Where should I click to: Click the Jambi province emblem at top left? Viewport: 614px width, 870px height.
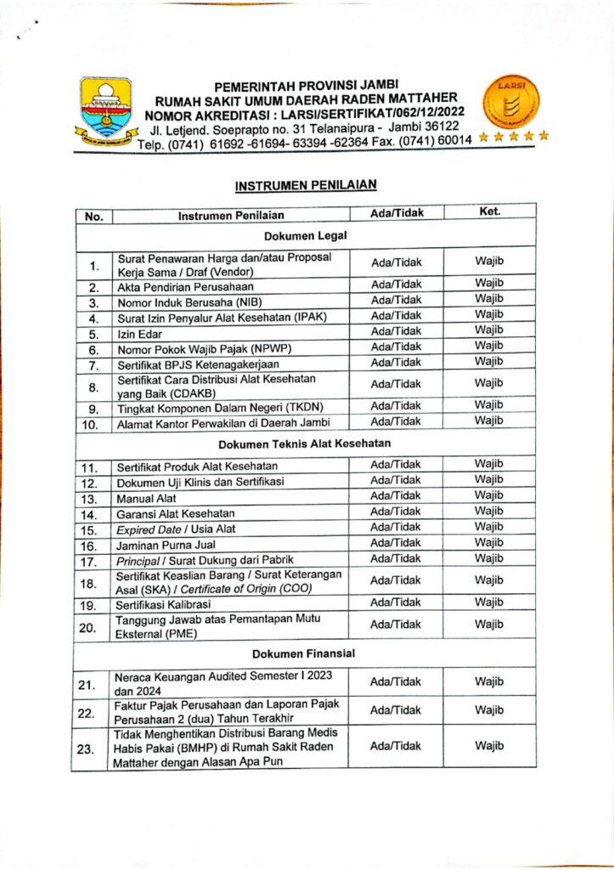click(105, 109)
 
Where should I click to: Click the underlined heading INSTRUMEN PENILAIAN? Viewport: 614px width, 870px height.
click(306, 184)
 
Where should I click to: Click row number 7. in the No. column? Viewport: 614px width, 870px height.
click(94, 365)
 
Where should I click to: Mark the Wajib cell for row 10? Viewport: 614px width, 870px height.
click(489, 421)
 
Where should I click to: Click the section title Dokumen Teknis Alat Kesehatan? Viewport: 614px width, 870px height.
click(304, 443)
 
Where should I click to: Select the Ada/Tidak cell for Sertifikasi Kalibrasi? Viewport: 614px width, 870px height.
click(396, 602)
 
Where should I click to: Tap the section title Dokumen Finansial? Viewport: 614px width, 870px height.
click(303, 653)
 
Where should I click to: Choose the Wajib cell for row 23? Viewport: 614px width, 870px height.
click(489, 745)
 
